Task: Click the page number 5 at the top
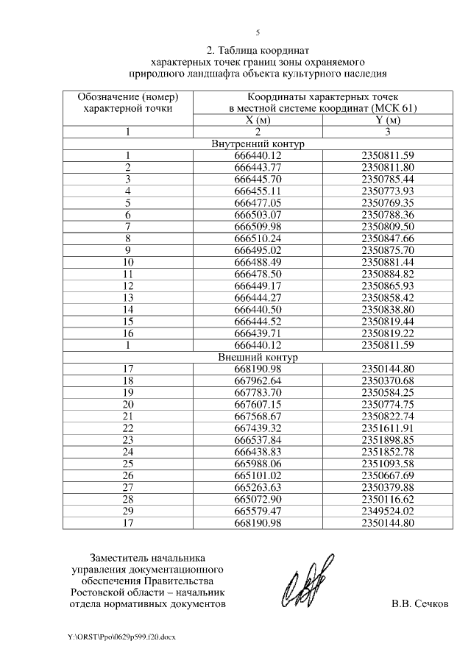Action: (258, 32)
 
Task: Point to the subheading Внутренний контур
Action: (258, 144)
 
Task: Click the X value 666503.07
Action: (258, 214)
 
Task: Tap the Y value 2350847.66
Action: (389, 238)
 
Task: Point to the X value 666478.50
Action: (258, 274)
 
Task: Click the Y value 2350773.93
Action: (389, 191)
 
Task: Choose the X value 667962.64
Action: (258, 380)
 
